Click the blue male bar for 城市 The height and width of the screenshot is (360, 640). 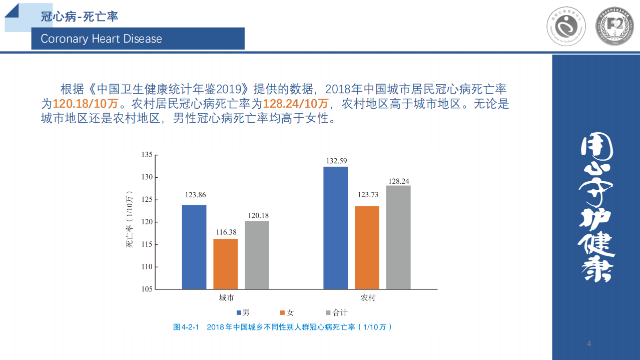(x=194, y=247)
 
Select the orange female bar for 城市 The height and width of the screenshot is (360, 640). (x=225, y=264)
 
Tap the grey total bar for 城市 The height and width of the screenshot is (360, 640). (x=257, y=255)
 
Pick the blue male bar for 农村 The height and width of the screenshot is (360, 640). (x=335, y=228)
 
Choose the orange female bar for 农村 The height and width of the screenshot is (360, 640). (x=367, y=247)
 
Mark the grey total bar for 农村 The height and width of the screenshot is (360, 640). (x=398, y=237)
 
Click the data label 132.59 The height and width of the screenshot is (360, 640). (x=336, y=161)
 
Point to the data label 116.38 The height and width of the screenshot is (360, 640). (x=226, y=233)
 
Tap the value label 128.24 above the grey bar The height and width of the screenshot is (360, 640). (x=399, y=181)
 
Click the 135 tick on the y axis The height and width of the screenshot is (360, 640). (x=146, y=155)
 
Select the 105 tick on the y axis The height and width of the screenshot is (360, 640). (x=146, y=289)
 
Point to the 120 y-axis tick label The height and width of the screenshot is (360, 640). (x=146, y=222)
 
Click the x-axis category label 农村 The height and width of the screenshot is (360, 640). (x=368, y=298)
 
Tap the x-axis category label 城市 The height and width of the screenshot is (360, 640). (x=226, y=298)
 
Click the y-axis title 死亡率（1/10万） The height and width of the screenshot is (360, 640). (x=130, y=220)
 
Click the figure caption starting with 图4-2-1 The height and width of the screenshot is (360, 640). (x=282, y=327)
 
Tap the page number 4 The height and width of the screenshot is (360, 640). (x=589, y=343)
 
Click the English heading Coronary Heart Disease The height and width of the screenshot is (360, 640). (x=102, y=39)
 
